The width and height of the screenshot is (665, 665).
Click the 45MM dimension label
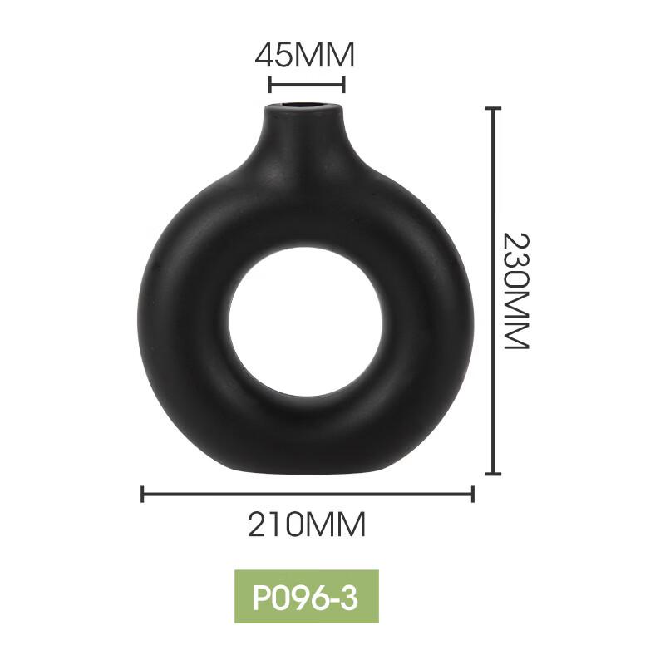click(304, 56)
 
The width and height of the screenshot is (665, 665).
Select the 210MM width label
click(306, 525)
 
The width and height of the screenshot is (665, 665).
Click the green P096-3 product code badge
click(306, 596)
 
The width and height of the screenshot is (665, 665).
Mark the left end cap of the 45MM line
click(269, 85)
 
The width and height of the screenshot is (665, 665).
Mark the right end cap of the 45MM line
click(343, 85)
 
